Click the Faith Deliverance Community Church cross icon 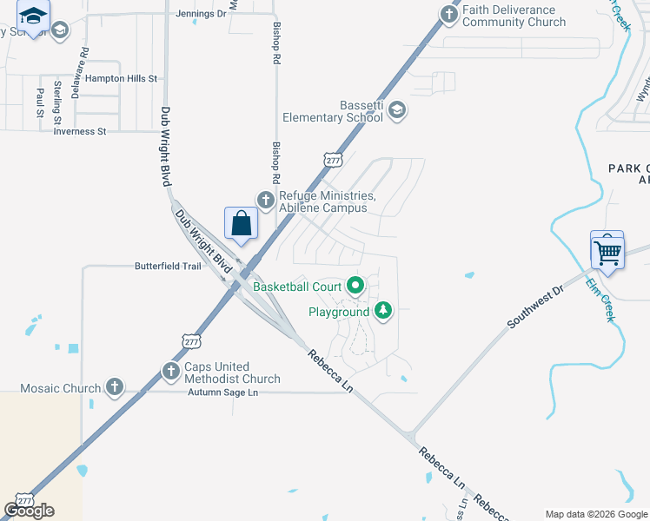(448, 14)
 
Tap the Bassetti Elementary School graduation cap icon (397, 109)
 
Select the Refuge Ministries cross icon (265, 200)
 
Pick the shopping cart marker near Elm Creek (608, 253)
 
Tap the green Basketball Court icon (355, 285)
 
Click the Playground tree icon (382, 310)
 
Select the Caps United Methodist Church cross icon (171, 372)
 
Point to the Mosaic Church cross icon (114, 387)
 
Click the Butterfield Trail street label (168, 267)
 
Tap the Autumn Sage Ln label (223, 392)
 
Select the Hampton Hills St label (115, 78)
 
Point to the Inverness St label (79, 131)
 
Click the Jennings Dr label (200, 14)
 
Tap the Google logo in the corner (29, 511)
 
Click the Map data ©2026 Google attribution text (597, 514)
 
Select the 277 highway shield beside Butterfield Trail (192, 342)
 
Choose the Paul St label (40, 102)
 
